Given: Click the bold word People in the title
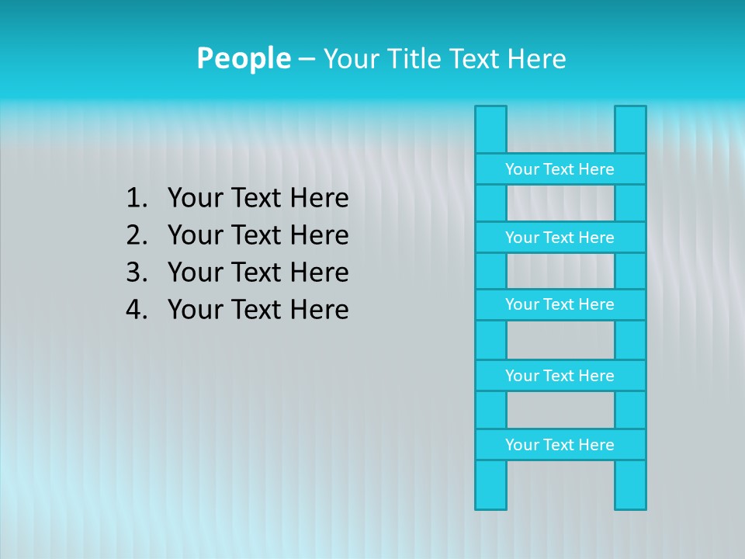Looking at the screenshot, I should pos(243,58).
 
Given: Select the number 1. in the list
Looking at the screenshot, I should pos(136,199).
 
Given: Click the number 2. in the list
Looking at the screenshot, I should pos(136,235).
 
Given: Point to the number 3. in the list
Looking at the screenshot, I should pos(136,273).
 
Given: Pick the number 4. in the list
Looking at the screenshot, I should pos(136,310).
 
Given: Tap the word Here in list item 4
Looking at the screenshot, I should pos(319,310).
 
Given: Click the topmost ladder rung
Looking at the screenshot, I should pos(560,169).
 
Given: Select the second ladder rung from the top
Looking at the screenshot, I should pos(560,238).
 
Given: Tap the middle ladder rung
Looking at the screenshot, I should pos(560,304).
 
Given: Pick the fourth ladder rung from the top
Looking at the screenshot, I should pos(560,376).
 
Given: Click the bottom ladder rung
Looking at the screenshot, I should pos(560,445).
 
